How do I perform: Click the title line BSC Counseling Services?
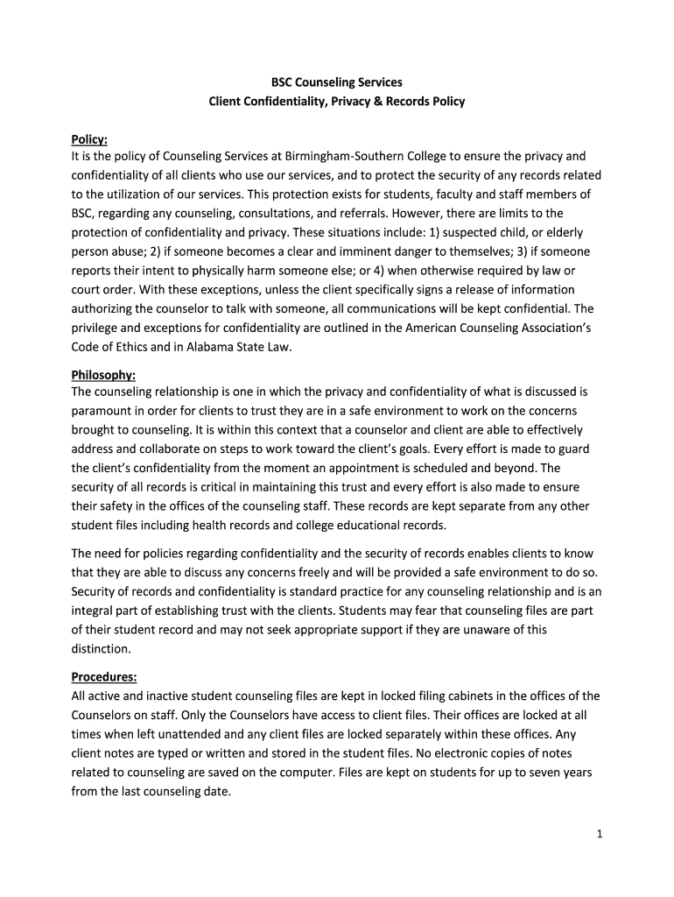(x=336, y=81)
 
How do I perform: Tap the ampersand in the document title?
(x=378, y=102)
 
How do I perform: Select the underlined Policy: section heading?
(x=89, y=138)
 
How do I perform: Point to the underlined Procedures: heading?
(x=103, y=677)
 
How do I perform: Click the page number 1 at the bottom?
(x=600, y=835)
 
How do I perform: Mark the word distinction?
(x=101, y=649)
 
